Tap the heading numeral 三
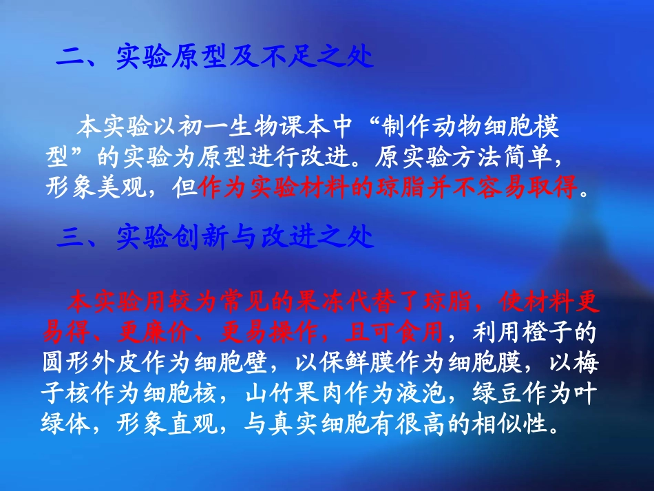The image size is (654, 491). coord(70,238)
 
